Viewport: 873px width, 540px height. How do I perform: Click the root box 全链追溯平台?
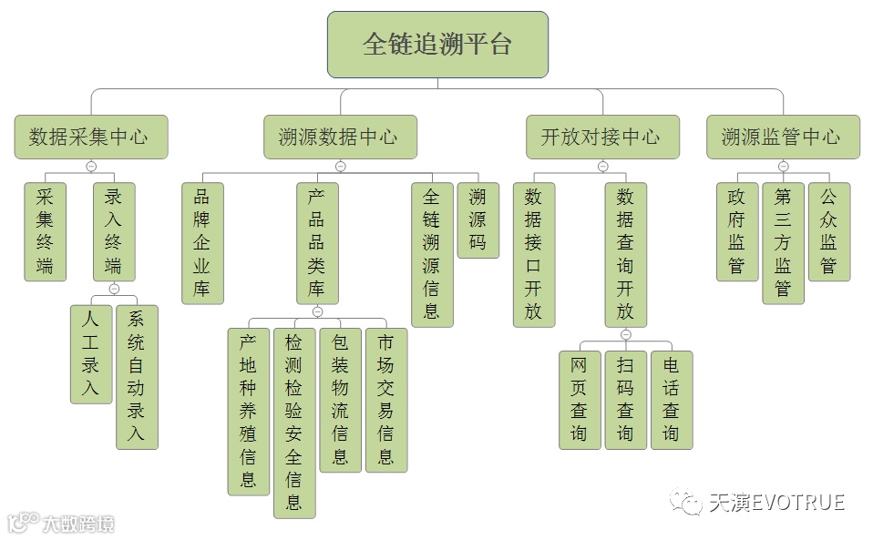(437, 45)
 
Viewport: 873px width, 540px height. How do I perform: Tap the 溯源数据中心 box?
(340, 138)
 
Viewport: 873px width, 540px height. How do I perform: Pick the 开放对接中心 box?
(602, 138)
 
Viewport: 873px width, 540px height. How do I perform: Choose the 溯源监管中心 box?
(783, 138)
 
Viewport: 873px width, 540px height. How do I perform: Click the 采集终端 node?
(45, 231)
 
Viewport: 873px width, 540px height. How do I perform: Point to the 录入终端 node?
(114, 231)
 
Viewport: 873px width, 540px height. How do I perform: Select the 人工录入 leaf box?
(91, 354)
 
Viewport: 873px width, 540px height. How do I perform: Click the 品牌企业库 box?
(202, 243)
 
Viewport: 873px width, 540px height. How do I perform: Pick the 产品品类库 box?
(317, 243)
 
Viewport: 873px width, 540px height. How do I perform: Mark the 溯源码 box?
(478, 219)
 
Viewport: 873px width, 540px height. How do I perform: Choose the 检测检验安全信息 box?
(294, 423)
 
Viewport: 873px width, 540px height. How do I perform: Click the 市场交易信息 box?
(386, 400)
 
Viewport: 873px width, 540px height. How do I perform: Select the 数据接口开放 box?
(534, 254)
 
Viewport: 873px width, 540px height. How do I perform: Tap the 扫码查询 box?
(625, 400)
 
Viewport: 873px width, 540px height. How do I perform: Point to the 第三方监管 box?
(783, 243)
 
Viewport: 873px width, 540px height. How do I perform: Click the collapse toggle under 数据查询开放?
(626, 335)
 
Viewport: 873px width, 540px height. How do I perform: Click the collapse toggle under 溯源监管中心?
(783, 167)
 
